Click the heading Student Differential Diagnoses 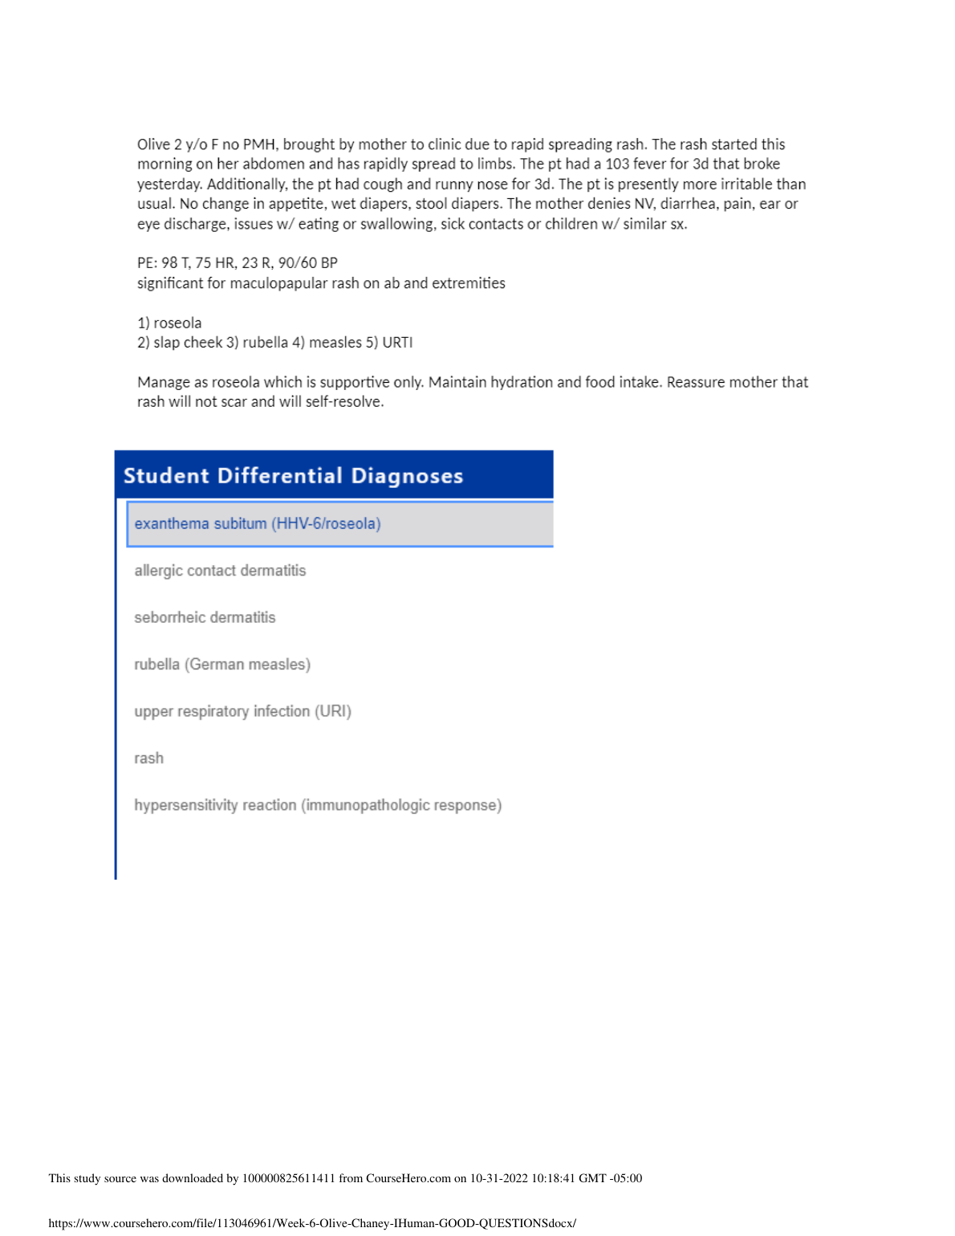(293, 476)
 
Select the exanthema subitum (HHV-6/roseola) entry (258, 524)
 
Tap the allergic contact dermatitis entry (220, 571)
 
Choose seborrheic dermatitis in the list (205, 617)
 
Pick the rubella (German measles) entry (222, 665)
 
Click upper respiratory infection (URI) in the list (242, 711)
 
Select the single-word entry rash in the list (148, 758)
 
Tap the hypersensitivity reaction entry (318, 805)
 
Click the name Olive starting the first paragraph (153, 144)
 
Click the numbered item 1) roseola (169, 323)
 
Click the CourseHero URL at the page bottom (312, 1223)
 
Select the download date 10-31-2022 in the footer (499, 1178)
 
